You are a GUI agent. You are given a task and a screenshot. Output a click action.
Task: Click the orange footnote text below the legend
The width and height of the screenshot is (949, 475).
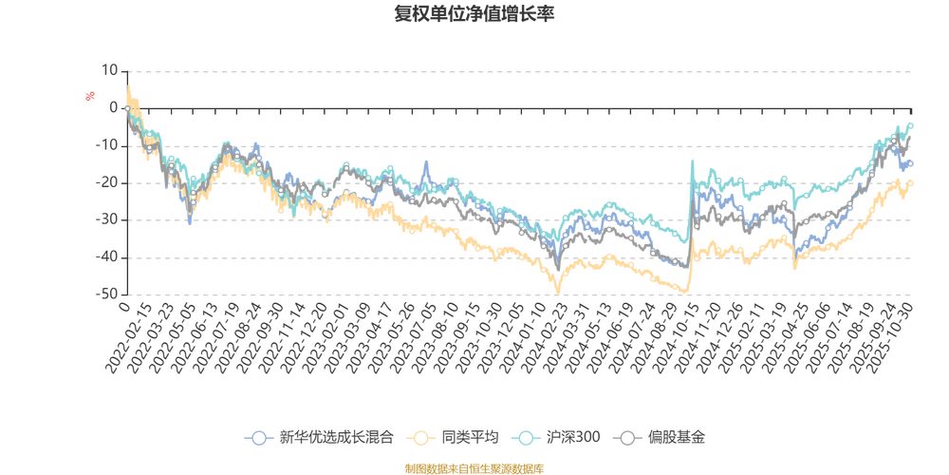tap(474, 466)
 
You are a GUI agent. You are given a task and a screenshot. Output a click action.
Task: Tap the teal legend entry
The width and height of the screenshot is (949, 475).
tap(559, 438)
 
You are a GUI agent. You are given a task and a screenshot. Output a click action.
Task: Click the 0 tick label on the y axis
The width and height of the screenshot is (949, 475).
tap(113, 107)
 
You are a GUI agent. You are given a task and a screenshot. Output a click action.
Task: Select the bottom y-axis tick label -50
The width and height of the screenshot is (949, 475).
tap(108, 294)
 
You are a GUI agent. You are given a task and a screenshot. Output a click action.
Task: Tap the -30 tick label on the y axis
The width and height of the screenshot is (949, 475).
tap(108, 219)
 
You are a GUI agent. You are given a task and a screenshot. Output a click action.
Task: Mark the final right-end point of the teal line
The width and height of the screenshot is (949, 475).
tap(912, 123)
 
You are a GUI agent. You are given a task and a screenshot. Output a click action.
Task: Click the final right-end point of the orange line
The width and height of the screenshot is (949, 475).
tap(912, 181)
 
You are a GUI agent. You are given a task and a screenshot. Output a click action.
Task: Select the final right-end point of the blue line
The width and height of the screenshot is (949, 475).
tap(912, 163)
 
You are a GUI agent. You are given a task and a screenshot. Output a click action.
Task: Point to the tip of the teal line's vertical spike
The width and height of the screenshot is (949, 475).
tap(691, 159)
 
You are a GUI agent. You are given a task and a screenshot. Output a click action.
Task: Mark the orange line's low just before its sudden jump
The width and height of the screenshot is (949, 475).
tap(686, 291)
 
